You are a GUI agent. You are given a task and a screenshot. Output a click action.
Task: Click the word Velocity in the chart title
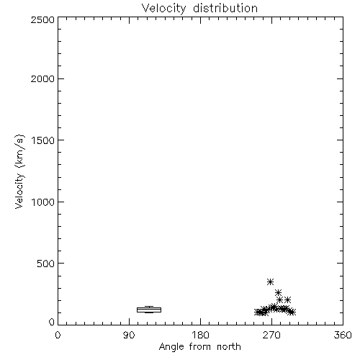pos(164,9)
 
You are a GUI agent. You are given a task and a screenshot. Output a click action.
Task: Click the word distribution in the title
pos(225,8)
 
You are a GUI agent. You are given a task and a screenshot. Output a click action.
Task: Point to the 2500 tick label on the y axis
pos(42,19)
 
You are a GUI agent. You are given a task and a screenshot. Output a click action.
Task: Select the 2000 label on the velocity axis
pos(42,78)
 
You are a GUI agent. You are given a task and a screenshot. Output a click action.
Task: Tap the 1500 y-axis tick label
pos(43,140)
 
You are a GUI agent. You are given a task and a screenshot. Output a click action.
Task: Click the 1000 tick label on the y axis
pos(43,202)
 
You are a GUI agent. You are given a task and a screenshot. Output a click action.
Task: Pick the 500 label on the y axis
pos(46,264)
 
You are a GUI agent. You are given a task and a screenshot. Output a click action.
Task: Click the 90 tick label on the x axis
pos(129,335)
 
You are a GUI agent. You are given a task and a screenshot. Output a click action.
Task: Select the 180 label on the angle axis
pos(200,335)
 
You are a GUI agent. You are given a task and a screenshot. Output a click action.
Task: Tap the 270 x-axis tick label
pos(271,335)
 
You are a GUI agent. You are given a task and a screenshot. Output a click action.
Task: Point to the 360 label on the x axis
pos(343,335)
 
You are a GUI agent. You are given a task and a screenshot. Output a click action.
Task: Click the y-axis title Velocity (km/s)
pos(19,171)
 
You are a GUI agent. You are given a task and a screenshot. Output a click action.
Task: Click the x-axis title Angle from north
pos(200,347)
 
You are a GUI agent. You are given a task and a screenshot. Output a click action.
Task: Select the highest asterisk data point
pos(271,282)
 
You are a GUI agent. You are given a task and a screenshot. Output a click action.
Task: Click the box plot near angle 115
pos(149,310)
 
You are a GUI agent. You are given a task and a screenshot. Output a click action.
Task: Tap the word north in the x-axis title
pos(229,346)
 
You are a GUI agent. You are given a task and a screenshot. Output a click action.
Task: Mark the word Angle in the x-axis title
pos(171,347)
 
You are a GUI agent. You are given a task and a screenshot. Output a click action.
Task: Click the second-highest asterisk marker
pos(278,292)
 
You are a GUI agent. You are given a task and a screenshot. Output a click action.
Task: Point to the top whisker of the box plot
pos(149,307)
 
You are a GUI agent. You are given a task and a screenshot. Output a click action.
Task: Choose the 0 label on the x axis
pos(58,335)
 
